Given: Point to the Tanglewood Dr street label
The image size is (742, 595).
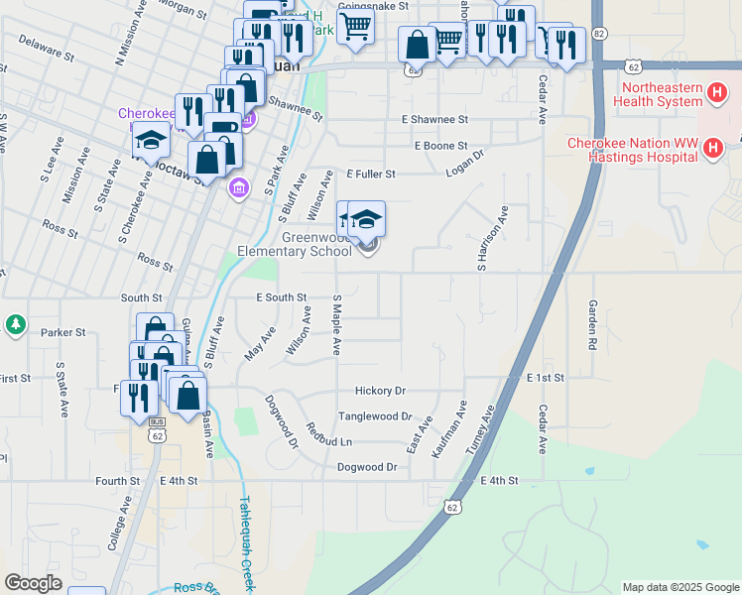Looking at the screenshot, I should [374, 416].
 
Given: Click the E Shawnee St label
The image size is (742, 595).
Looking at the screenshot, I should [434, 119].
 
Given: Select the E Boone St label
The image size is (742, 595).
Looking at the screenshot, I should [440, 146].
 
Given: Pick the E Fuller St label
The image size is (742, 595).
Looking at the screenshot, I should [371, 174].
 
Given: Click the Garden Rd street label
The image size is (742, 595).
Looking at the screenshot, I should [592, 324].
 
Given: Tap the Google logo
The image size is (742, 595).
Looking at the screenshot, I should [33, 583].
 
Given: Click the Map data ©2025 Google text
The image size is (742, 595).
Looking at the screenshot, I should [680, 587].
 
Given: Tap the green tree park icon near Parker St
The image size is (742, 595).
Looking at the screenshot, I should [15, 324].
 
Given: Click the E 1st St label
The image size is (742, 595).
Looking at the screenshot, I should [546, 378].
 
